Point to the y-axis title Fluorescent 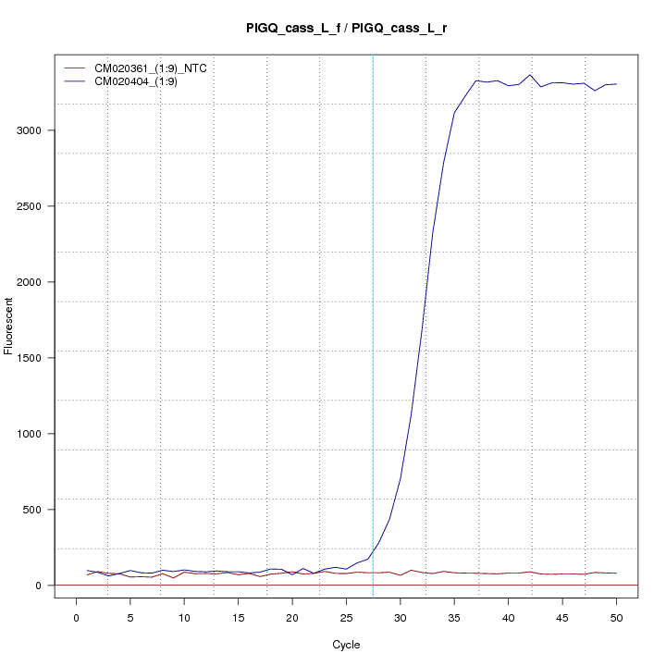click(10, 325)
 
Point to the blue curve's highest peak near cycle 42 click(530, 75)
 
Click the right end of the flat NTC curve click(616, 573)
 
